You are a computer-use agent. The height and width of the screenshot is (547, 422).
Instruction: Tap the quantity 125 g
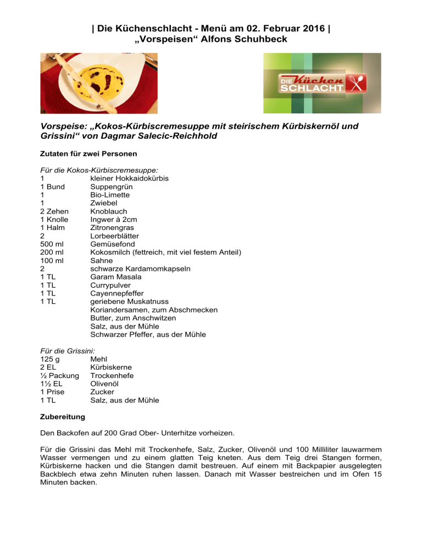click(50, 359)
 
